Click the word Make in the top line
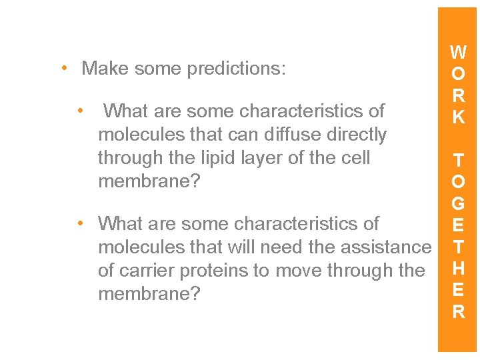[103, 69]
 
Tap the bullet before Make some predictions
[63, 68]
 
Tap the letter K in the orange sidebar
[458, 117]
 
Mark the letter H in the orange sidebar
[458, 269]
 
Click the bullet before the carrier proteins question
[80, 223]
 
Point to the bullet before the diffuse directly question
[80, 110]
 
